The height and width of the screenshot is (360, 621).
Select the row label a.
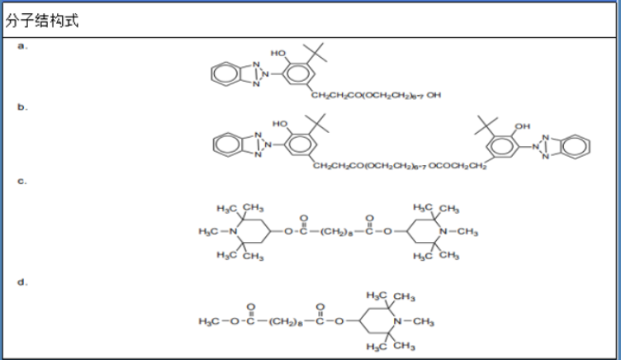click(23, 46)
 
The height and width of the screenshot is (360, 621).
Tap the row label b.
click(23, 107)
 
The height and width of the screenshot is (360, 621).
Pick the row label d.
click(23, 282)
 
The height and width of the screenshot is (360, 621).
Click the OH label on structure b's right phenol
click(522, 126)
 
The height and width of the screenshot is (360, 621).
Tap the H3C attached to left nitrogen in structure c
click(210, 231)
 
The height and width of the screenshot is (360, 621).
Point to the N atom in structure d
click(397, 320)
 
